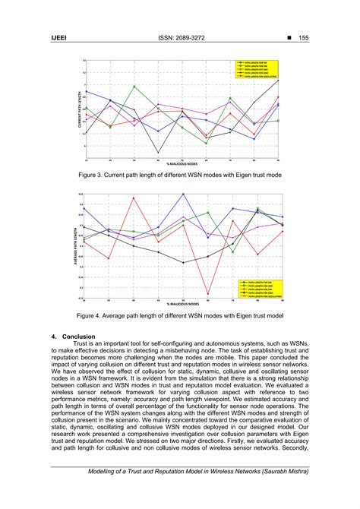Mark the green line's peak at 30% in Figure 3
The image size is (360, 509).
pyautogui.click(x=134, y=86)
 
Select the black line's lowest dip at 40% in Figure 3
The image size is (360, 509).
pyautogui.click(x=158, y=153)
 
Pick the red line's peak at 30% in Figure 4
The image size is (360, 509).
pyautogui.click(x=134, y=198)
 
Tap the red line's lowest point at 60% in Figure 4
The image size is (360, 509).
pyautogui.click(x=208, y=294)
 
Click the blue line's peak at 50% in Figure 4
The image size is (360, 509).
pyautogui.click(x=183, y=194)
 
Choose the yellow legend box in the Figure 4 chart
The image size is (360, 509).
pyautogui.click(x=257, y=286)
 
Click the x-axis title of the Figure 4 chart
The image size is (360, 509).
pyautogui.click(x=182, y=303)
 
